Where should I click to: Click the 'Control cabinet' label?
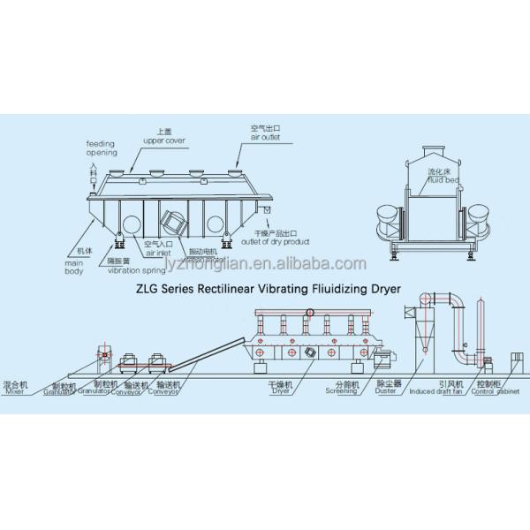[495, 390]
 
